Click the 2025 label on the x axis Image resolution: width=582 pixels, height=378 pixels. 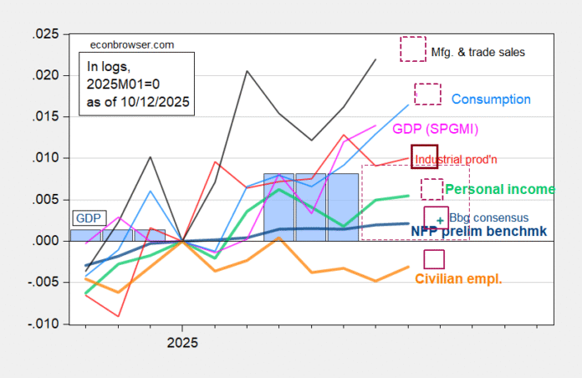pyautogui.click(x=182, y=342)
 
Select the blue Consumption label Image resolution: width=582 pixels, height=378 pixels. pyautogui.click(x=491, y=99)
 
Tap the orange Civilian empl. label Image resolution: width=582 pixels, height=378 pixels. pyautogui.click(x=458, y=278)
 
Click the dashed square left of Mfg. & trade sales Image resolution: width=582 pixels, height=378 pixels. pyautogui.click(x=413, y=49)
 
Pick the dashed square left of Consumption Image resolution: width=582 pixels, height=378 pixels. pyautogui.click(x=427, y=94)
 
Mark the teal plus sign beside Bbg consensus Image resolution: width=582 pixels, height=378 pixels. pyautogui.click(x=441, y=221)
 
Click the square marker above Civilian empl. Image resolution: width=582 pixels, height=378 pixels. pyautogui.click(x=434, y=259)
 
